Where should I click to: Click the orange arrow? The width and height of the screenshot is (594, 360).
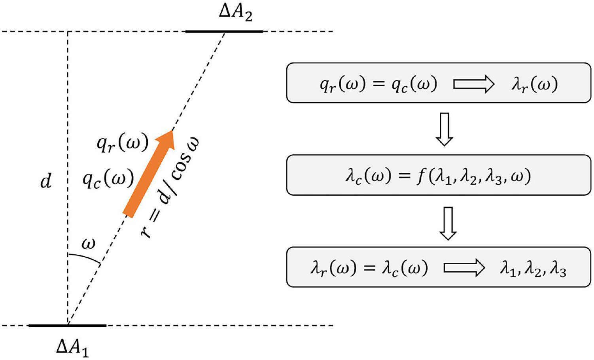click(x=149, y=174)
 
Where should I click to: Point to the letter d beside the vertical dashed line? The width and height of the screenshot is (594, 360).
click(x=46, y=182)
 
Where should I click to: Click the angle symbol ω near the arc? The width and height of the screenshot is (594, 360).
click(x=88, y=244)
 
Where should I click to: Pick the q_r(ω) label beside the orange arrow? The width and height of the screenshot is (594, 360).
click(x=122, y=144)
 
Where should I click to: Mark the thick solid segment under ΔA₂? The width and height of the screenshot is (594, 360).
click(x=224, y=31)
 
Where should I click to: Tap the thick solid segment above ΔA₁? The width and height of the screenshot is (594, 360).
click(x=67, y=325)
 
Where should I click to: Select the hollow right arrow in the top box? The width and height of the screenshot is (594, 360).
click(x=474, y=84)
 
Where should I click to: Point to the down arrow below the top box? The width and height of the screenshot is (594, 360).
click(x=445, y=129)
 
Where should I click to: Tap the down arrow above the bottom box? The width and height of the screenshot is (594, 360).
click(x=448, y=224)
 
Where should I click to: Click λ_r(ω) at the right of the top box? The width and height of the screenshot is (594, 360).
click(x=534, y=85)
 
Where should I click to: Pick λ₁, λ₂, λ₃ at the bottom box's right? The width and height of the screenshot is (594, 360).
click(x=533, y=269)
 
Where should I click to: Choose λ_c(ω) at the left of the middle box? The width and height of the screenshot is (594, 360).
click(x=369, y=177)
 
